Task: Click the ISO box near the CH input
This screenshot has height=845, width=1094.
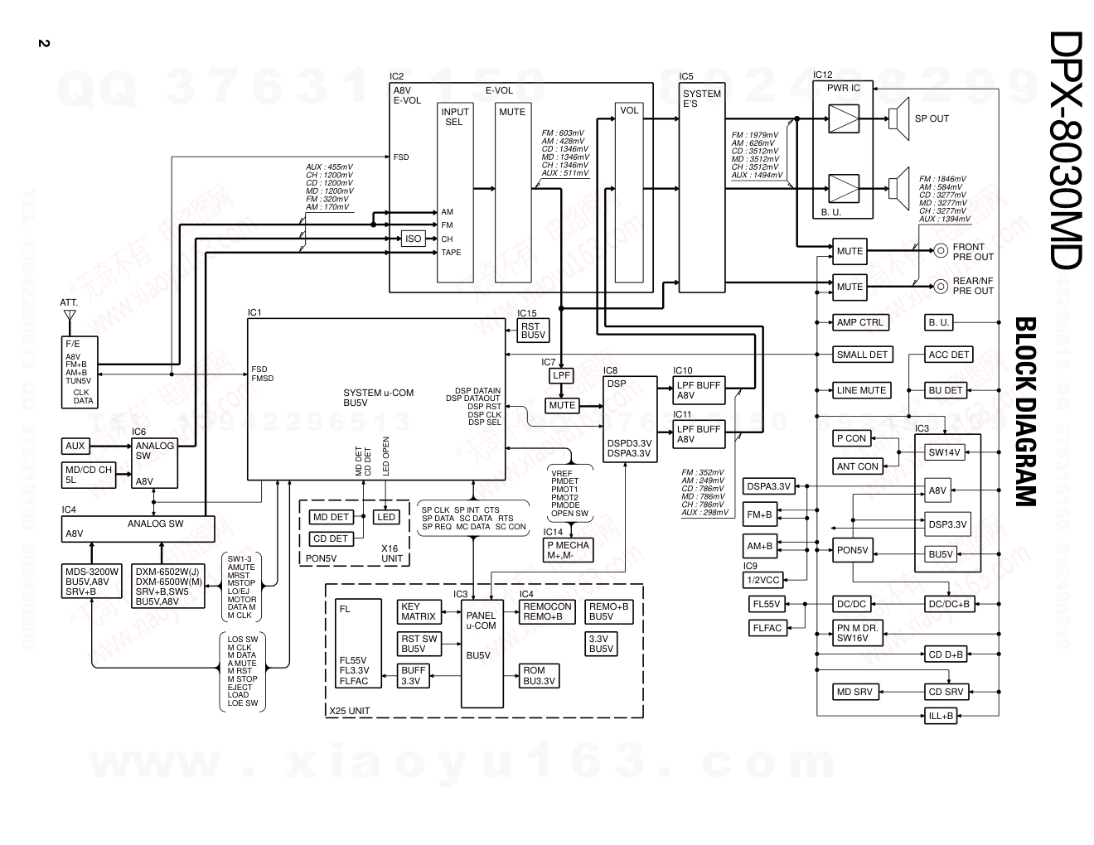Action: point(413,239)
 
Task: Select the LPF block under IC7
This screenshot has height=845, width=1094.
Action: point(561,375)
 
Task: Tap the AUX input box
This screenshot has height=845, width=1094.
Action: point(75,446)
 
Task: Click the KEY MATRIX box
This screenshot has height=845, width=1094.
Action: point(419,611)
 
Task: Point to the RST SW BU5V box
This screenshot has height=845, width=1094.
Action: point(419,644)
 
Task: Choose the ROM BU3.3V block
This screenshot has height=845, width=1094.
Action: point(539,676)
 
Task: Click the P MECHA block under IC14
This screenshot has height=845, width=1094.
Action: point(568,550)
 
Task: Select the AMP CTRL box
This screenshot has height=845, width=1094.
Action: point(859,322)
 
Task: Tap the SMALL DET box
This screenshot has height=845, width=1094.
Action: point(862,355)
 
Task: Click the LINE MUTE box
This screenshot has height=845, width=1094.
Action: point(861,390)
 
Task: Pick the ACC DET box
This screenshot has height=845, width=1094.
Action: point(949,355)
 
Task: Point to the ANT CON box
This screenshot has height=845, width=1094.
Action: point(857,466)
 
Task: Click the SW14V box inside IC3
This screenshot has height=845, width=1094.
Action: point(943,453)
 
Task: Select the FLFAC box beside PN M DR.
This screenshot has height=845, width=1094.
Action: point(767,629)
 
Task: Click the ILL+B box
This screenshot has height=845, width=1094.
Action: point(941,716)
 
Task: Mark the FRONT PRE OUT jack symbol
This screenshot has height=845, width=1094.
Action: point(941,251)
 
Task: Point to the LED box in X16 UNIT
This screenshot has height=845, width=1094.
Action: point(386,517)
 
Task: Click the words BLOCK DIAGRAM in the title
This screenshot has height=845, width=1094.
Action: point(1025,411)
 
